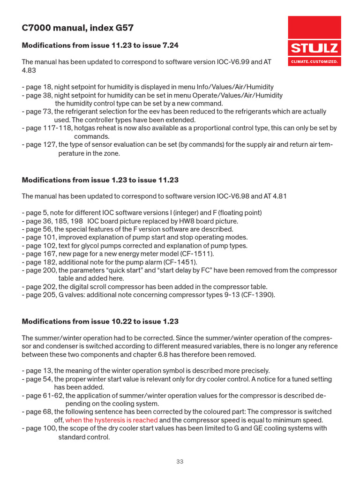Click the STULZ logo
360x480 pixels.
click(x=314, y=47)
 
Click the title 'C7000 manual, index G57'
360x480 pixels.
click(x=78, y=28)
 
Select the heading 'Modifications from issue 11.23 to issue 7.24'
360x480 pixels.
click(x=100, y=45)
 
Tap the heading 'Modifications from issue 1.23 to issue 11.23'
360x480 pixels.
click(x=100, y=180)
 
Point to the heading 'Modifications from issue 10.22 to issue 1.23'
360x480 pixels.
click(x=100, y=322)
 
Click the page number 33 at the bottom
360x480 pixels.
click(x=180, y=462)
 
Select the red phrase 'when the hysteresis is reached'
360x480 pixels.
click(x=112, y=420)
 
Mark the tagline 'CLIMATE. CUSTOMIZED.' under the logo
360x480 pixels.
click(x=314, y=61)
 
